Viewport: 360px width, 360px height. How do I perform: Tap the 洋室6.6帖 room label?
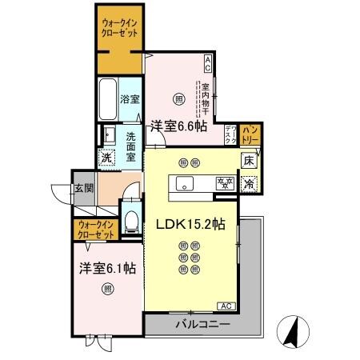click(x=178, y=126)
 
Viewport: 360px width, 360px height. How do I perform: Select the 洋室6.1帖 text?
click(x=106, y=268)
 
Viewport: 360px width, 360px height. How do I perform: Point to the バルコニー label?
click(x=203, y=325)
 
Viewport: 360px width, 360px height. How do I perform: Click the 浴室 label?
click(x=130, y=100)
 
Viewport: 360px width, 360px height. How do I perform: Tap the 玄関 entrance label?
click(x=84, y=189)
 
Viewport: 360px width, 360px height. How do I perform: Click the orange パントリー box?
click(x=250, y=134)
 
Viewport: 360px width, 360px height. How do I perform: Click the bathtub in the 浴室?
click(x=107, y=98)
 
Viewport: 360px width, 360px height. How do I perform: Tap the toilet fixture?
click(x=133, y=219)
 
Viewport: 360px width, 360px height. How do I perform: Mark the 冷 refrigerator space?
click(x=249, y=183)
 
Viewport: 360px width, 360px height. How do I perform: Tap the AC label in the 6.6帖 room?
click(x=207, y=59)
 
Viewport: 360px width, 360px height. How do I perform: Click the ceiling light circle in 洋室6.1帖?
click(x=106, y=291)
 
